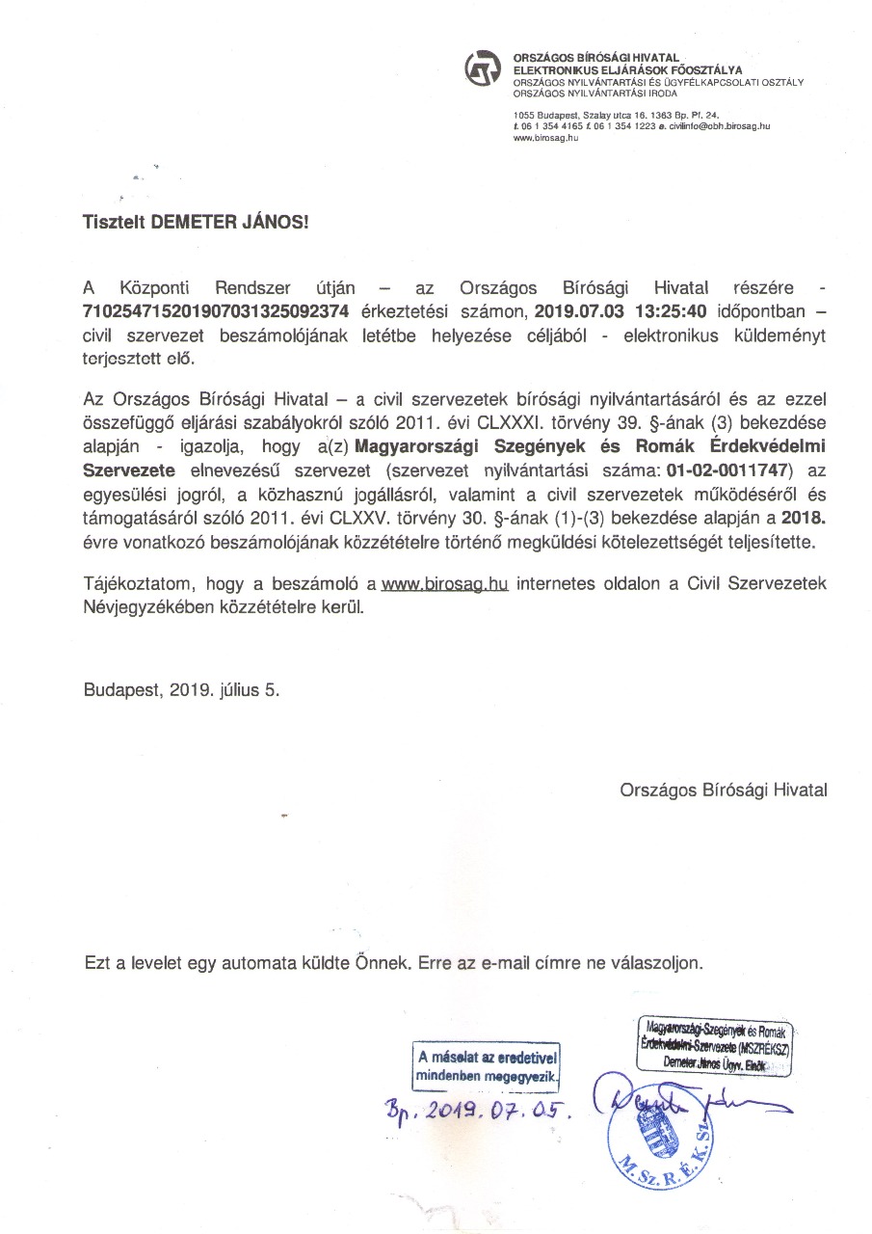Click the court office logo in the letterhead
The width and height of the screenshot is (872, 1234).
(483, 70)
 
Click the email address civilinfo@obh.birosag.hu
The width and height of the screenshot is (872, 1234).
(720, 126)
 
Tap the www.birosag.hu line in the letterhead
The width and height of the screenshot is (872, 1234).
(545, 138)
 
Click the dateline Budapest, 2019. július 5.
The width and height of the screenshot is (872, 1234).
(183, 690)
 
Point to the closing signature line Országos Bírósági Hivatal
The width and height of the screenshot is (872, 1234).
(724, 790)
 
